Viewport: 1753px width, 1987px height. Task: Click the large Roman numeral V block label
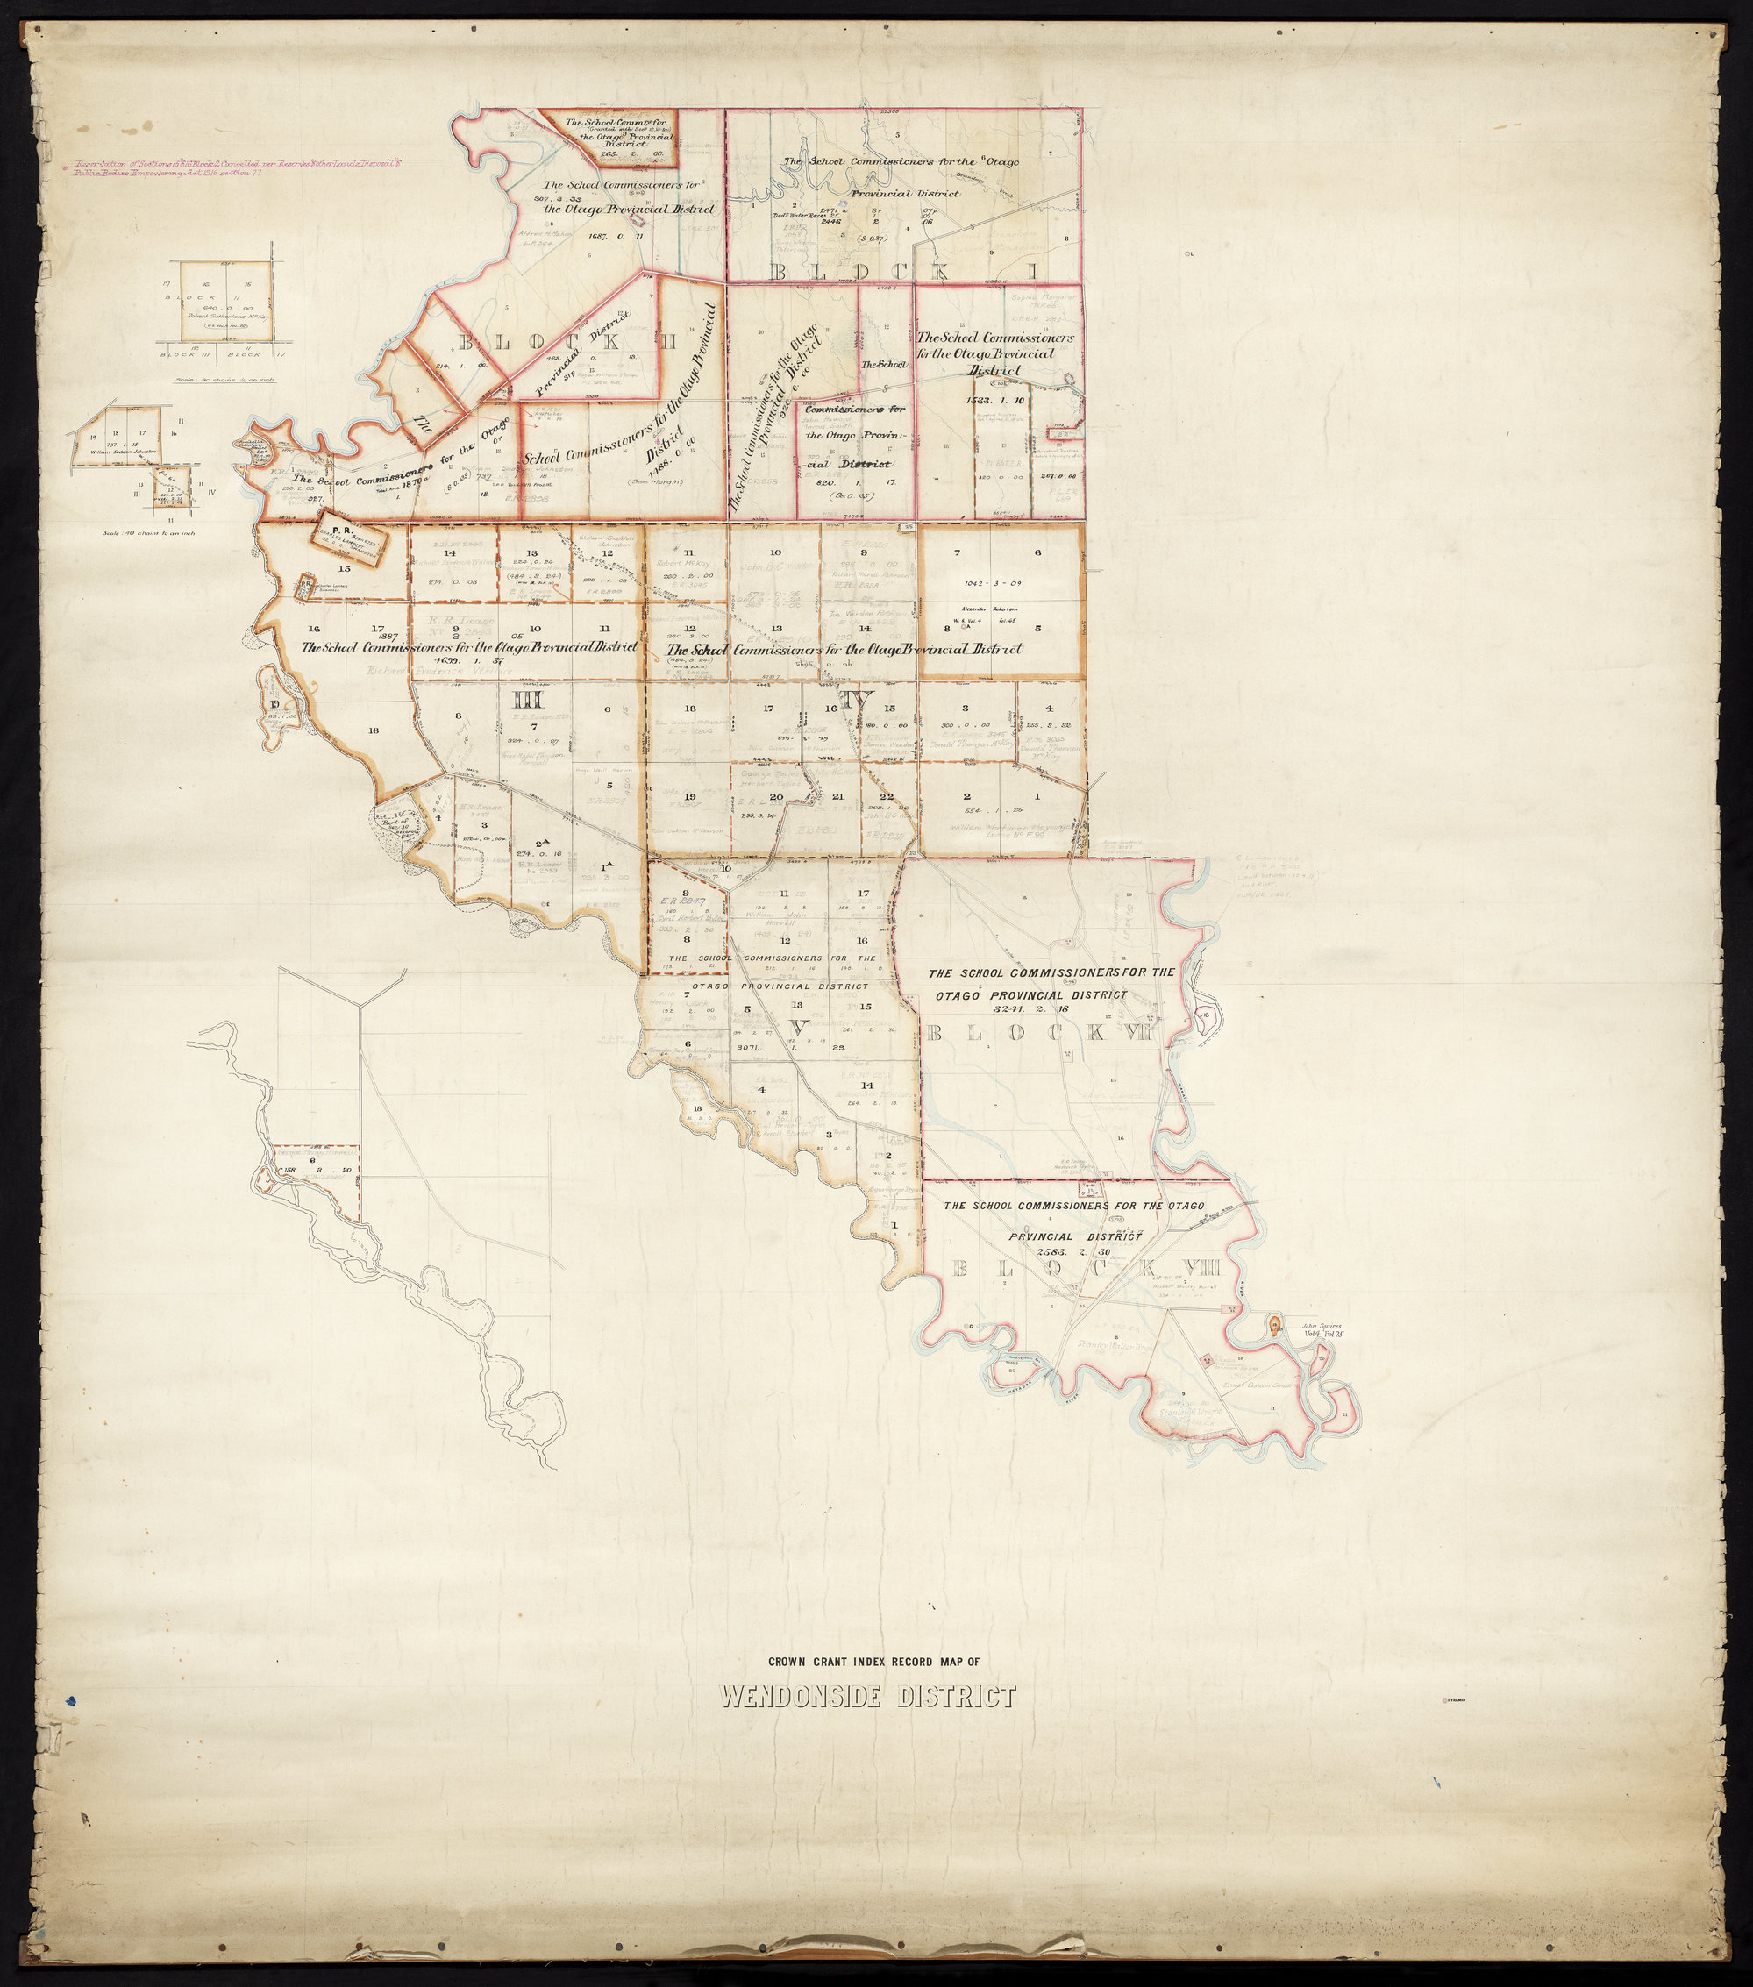pos(798,1027)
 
